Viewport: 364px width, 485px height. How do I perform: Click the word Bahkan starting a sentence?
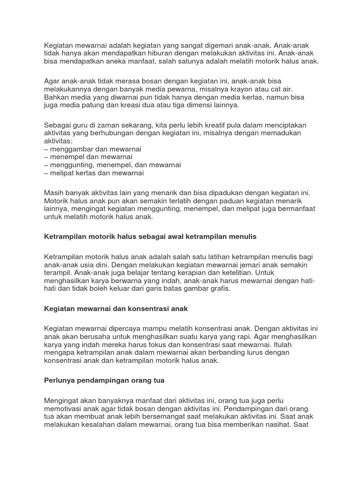[56, 98]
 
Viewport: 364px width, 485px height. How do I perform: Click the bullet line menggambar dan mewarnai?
[93, 149]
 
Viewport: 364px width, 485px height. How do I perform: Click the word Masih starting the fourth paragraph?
[54, 193]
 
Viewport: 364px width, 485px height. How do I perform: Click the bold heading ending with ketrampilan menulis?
[150, 236]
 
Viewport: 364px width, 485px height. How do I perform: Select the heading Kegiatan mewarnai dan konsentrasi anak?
[116, 308]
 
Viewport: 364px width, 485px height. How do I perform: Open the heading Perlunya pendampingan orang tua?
[104, 380]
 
